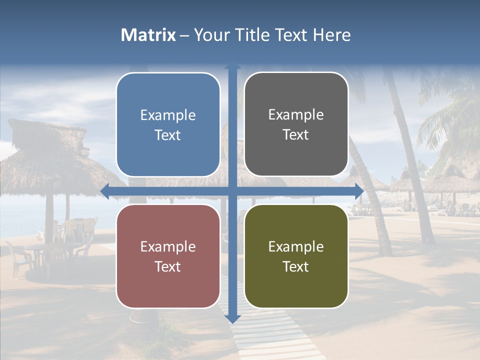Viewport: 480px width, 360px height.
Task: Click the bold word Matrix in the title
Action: [148, 35]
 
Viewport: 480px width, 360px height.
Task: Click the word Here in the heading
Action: [331, 35]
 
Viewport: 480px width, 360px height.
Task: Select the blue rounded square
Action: [168, 124]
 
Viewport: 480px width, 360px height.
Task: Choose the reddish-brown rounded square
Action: [168, 256]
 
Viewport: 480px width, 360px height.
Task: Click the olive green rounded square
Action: [296, 256]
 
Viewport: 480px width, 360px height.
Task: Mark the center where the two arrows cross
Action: [232, 191]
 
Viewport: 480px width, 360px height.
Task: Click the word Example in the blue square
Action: [168, 115]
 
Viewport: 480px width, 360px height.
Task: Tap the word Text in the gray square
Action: [296, 134]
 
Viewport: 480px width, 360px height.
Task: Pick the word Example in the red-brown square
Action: [168, 246]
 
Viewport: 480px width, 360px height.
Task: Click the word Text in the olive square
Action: [296, 266]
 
